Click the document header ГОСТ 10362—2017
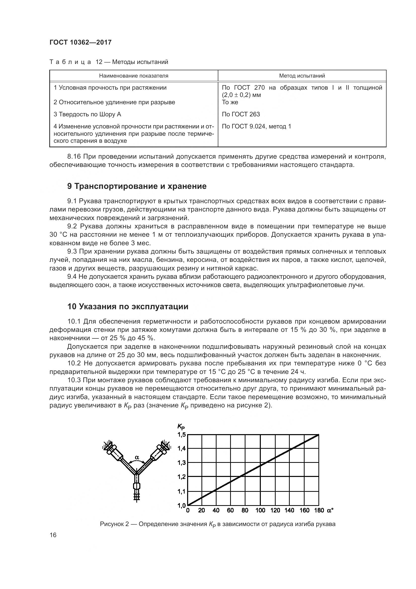coord(80,42)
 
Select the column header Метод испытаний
coord(302,76)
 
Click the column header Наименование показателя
coord(134,76)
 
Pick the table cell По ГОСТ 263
coord(241,114)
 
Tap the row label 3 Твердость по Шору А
coord(87,114)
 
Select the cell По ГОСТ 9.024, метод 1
coord(256,126)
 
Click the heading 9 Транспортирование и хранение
coord(137,186)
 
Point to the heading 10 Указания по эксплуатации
coord(128,306)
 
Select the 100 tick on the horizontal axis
coord(260,510)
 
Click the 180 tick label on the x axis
coord(319,510)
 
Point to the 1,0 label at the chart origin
coord(181,505)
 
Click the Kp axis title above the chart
coord(181,426)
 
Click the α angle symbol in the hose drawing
coord(137,457)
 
